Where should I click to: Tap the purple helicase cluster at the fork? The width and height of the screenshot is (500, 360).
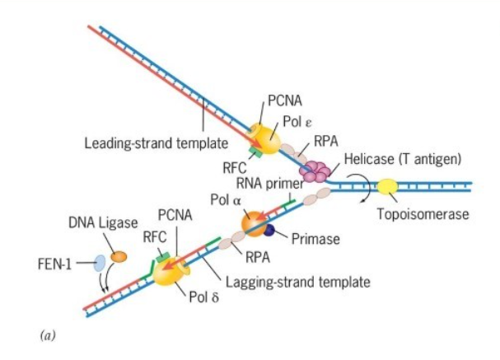(314, 171)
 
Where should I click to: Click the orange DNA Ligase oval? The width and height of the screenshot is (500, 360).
(119, 257)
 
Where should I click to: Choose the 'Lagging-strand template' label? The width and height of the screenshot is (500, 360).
(297, 282)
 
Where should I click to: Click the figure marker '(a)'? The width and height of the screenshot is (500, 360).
(47, 335)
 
